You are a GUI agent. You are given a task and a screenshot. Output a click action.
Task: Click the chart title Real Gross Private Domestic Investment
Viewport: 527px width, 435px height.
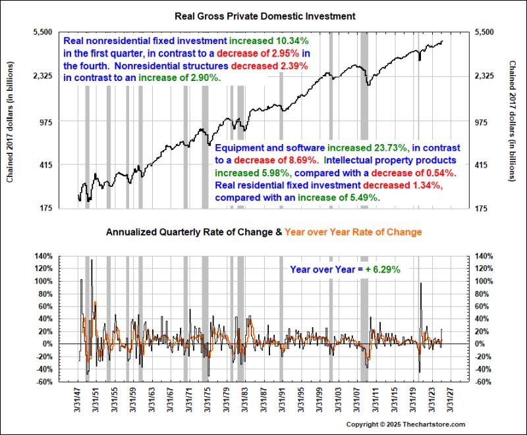pos(263,14)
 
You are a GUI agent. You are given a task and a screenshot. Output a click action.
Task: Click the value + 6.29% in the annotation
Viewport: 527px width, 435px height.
pos(383,269)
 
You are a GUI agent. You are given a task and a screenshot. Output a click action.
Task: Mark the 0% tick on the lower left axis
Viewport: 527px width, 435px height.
pos(47,344)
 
